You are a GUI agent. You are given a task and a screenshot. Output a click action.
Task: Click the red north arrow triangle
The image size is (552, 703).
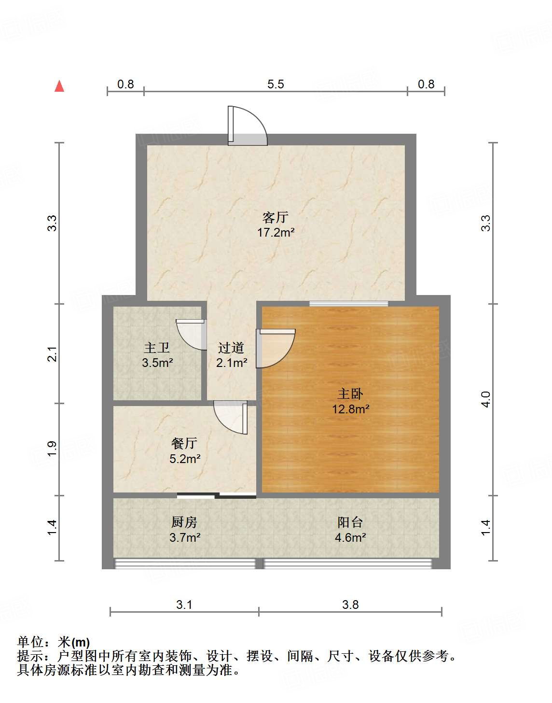coord(59,86)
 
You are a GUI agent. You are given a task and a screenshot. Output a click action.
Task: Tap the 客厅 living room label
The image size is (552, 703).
coord(276,217)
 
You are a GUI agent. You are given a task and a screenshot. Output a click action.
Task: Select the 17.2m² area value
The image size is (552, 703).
coord(276,232)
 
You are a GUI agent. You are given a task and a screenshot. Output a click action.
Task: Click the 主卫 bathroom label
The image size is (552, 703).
coord(157,347)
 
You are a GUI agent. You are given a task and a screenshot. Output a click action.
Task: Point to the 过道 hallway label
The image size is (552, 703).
coord(231,347)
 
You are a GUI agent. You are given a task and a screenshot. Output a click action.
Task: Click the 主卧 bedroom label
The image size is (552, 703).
coord(350,394)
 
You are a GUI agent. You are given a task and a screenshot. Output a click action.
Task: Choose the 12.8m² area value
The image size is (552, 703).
coord(350,409)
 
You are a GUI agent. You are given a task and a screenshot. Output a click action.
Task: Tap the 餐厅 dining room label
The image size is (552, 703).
coord(184,443)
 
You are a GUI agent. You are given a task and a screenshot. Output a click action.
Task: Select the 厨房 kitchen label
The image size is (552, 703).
coord(184,522)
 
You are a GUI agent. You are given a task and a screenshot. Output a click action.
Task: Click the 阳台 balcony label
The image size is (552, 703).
coord(350,522)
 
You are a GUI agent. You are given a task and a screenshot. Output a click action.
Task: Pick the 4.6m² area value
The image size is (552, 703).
coord(350,537)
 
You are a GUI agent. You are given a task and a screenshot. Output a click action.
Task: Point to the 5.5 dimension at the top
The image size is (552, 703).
coord(276,84)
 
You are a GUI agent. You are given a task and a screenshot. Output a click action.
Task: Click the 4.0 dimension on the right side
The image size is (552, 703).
coord(486,399)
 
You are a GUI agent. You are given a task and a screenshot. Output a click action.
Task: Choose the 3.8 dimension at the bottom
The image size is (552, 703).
coord(350,605)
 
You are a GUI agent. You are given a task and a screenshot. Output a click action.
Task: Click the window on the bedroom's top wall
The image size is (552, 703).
coord(348,304)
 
